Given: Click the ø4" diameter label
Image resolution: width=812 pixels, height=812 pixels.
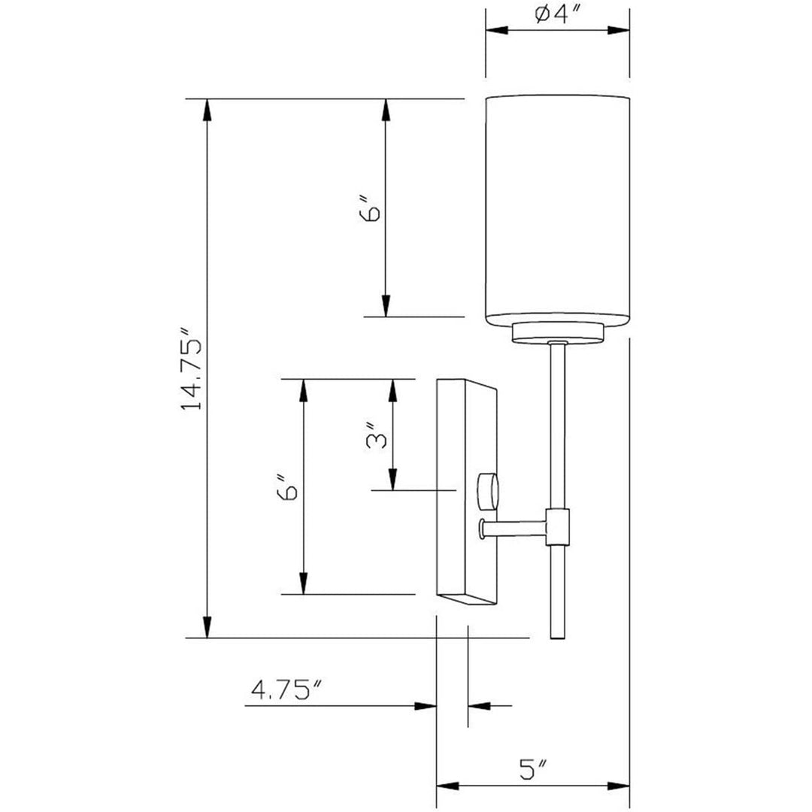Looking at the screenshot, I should pyautogui.click(x=557, y=15).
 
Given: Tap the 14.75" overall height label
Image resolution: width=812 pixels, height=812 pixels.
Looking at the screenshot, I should pyautogui.click(x=192, y=368).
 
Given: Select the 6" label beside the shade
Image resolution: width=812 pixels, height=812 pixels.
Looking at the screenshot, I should pyautogui.click(x=371, y=209).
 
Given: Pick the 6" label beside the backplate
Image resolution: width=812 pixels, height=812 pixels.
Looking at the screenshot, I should pyautogui.click(x=288, y=487).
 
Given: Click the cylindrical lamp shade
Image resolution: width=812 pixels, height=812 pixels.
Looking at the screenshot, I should pyautogui.click(x=556, y=211).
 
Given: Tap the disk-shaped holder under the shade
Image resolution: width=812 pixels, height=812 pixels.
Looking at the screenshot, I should pyautogui.click(x=558, y=333).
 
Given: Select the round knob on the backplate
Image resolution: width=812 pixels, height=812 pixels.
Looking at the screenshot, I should pyautogui.click(x=488, y=490).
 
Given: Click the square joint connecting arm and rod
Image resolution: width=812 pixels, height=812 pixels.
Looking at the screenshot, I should pyautogui.click(x=558, y=526).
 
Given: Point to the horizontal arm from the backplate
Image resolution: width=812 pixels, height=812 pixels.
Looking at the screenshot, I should pyautogui.click(x=515, y=529).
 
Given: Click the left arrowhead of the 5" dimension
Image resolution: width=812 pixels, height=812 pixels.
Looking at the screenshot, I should pyautogui.click(x=448, y=786).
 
